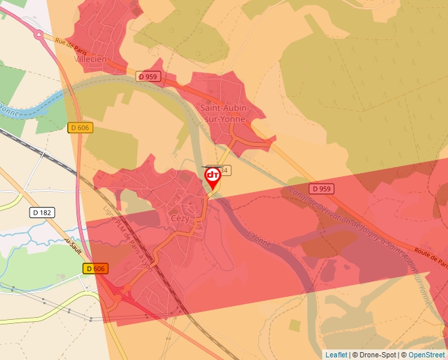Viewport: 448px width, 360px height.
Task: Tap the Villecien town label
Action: (91, 59)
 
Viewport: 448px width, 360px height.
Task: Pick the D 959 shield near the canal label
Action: (322, 189)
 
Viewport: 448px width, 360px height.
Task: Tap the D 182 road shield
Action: (42, 213)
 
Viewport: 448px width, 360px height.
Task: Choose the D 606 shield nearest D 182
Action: (80, 128)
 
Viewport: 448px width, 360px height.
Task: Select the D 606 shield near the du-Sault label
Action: (95, 269)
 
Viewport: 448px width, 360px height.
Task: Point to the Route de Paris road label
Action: (431, 253)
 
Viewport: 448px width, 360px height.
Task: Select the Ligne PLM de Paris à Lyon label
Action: (127, 238)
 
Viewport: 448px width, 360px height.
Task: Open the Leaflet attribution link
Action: (336, 355)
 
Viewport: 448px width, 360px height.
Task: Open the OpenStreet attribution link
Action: (426, 355)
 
